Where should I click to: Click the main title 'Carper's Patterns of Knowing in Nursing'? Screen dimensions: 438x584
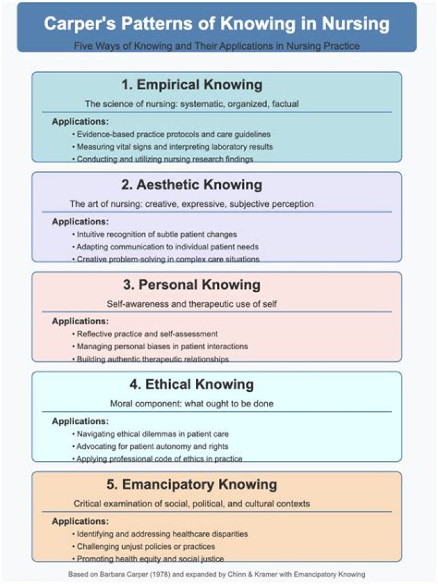217,24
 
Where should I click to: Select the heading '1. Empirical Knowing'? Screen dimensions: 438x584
192,85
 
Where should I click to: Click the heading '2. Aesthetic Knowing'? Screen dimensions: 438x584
192,185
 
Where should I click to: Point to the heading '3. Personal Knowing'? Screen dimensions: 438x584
192,285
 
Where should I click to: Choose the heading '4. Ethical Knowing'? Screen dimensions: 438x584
192,384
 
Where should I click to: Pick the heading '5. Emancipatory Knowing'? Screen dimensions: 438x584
192,485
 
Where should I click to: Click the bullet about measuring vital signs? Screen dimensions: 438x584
172,147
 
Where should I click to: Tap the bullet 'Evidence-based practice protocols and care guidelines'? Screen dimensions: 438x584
172,134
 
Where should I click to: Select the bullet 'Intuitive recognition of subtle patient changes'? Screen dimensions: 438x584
155,234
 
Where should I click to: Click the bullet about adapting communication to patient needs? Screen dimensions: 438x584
165,247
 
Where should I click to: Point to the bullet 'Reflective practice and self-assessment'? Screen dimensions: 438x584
145,334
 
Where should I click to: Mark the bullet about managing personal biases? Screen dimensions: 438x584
160,346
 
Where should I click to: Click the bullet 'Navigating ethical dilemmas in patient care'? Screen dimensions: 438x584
150,434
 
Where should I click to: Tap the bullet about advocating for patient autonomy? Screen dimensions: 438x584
150,447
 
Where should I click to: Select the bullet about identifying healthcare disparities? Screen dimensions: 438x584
160,534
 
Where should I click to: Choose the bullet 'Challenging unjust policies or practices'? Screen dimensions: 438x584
144,546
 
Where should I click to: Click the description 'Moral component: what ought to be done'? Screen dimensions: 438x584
192,404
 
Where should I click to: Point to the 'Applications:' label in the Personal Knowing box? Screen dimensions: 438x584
80,321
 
